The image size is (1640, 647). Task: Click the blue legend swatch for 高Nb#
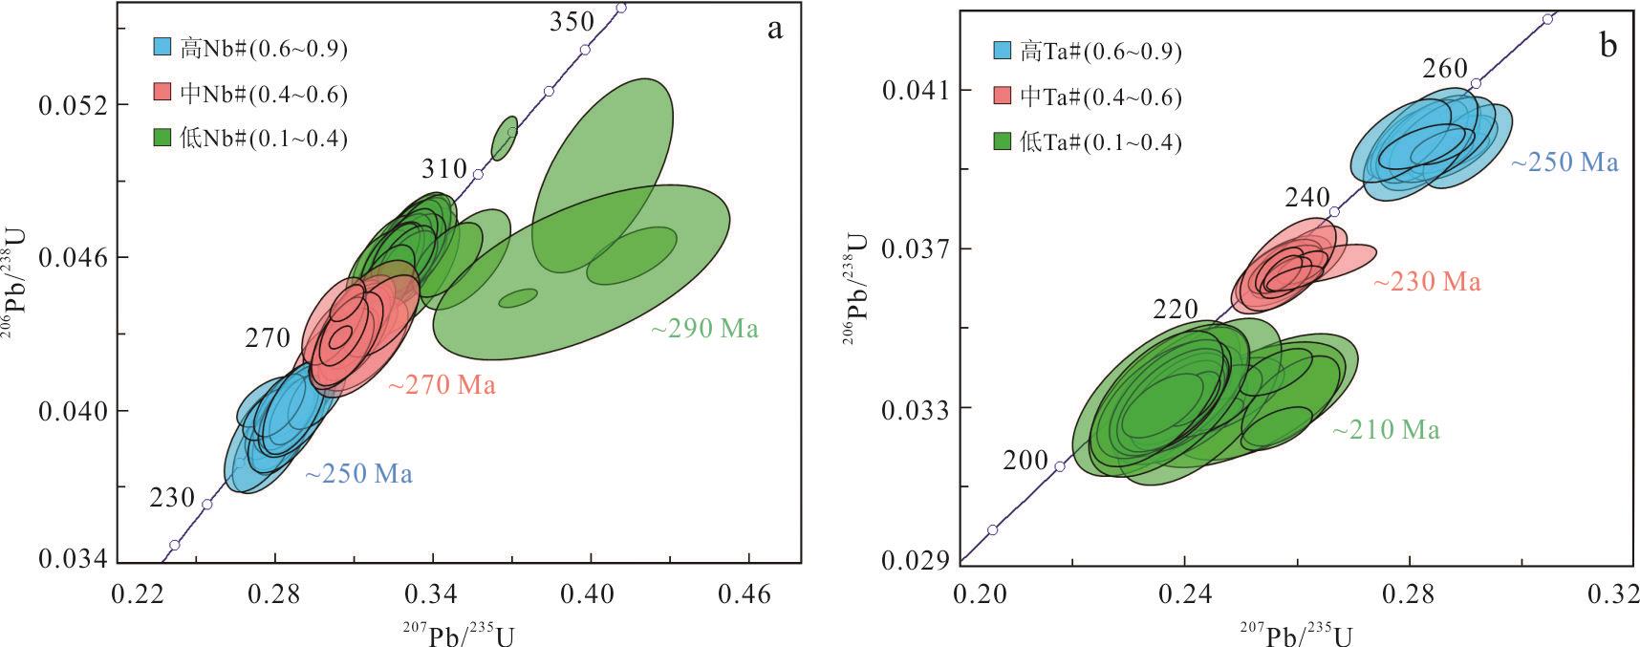[163, 47]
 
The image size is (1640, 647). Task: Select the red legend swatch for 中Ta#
[1003, 97]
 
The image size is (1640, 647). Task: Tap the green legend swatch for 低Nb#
[163, 138]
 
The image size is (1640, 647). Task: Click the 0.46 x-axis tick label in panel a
[745, 594]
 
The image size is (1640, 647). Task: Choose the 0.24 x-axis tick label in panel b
[1184, 594]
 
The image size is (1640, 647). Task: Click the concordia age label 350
[572, 22]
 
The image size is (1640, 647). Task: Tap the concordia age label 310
[444, 170]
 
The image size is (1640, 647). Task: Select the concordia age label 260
[1444, 69]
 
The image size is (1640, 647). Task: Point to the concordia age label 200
[1025, 461]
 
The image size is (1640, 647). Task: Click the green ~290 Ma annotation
[704, 330]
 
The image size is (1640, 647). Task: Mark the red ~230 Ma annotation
[1427, 282]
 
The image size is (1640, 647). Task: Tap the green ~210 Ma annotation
[1386, 431]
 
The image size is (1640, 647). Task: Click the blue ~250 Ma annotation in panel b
[1564, 162]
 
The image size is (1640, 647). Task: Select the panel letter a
[774, 29]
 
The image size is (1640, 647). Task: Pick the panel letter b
[1608, 44]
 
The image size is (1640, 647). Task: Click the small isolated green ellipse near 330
[505, 139]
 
